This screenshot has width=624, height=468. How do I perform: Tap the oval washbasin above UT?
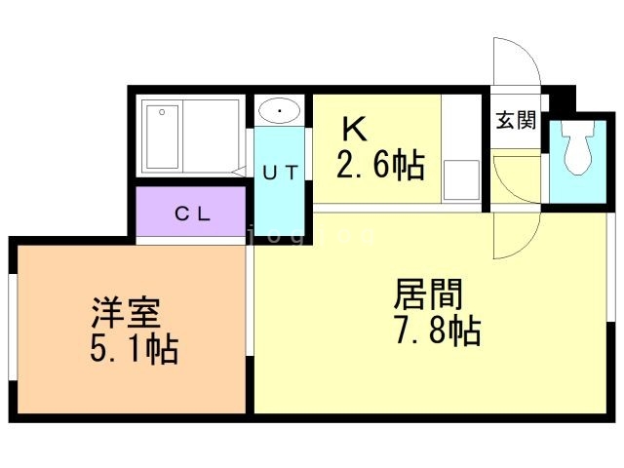281,111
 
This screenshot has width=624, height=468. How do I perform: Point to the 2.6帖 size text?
380,166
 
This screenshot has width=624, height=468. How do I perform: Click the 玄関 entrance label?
516,121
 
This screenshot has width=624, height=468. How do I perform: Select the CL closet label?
192,214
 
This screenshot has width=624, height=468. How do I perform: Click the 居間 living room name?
428,293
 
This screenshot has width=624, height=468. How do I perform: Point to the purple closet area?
191,214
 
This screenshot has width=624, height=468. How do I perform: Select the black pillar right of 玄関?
560,101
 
